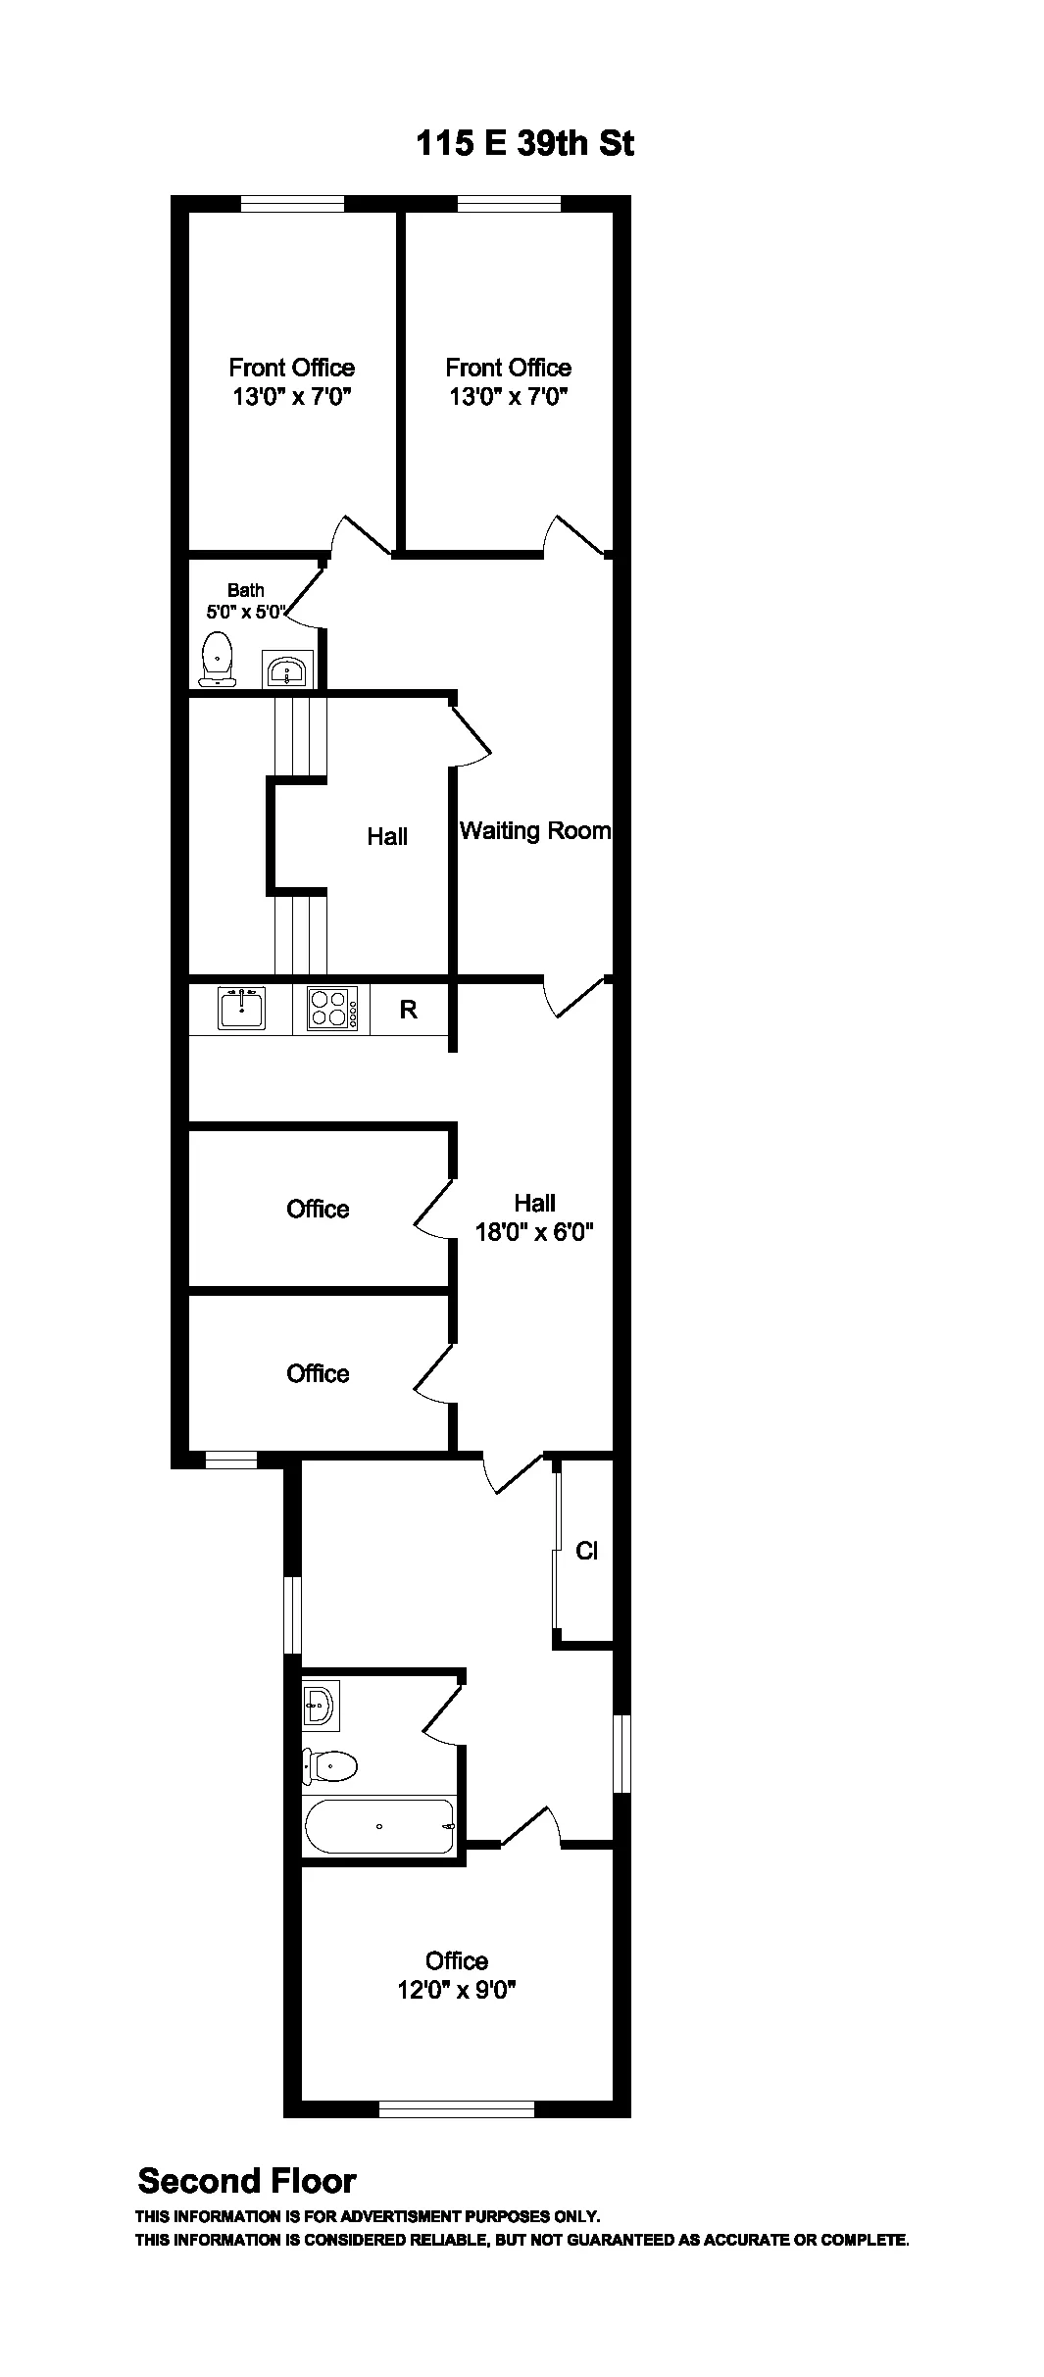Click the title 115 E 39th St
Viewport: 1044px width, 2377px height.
[525, 143]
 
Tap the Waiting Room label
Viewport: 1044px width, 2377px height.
[535, 831]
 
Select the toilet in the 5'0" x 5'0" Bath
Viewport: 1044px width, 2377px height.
[218, 658]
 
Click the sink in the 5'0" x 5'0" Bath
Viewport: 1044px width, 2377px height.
[287, 670]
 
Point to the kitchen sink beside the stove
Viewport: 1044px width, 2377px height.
[241, 1008]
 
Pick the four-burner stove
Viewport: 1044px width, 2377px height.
[331, 1009]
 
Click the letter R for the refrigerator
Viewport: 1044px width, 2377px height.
[409, 1010]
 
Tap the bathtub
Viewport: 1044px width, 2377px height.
[380, 1826]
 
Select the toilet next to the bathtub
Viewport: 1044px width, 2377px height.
[330, 1766]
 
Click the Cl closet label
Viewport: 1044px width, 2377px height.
[586, 1551]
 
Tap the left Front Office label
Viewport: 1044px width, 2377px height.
[292, 368]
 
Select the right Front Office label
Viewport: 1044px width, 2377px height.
[509, 368]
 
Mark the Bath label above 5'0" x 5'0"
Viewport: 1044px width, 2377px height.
[246, 590]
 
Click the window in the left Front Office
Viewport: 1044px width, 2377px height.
[292, 204]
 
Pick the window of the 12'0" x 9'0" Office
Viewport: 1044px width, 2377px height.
[457, 2108]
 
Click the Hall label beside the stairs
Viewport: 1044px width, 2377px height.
[387, 836]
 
